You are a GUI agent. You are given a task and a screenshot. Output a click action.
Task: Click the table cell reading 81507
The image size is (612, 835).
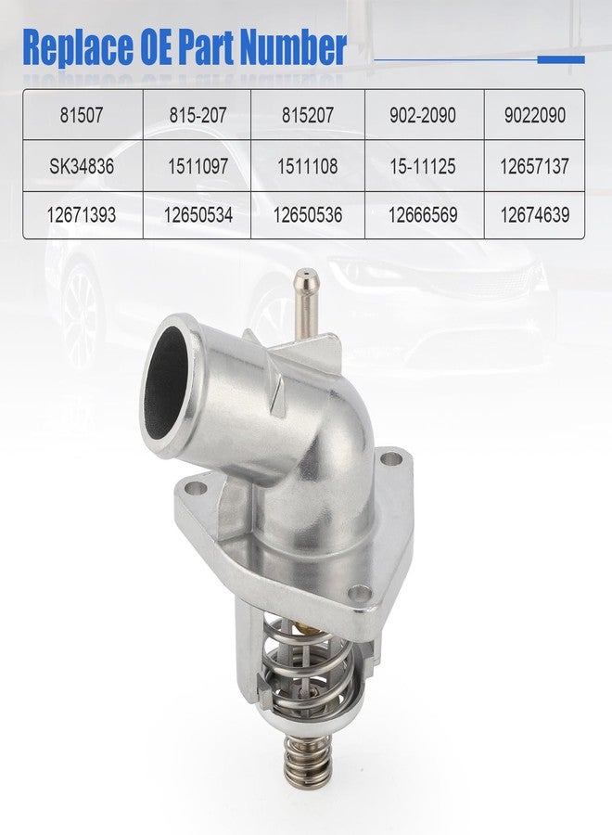[82, 114]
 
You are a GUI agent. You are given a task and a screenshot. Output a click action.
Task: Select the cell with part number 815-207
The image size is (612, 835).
[198, 114]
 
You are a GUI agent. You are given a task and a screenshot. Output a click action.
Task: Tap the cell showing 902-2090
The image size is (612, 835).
[423, 114]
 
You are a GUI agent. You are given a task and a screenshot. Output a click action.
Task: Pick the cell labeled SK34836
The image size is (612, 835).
[82, 166]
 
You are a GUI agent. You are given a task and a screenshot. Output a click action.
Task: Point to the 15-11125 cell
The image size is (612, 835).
[423, 166]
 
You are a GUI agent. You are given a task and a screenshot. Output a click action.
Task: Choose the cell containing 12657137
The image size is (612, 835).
[534, 166]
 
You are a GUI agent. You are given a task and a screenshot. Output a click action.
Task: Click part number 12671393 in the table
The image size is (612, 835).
[82, 215]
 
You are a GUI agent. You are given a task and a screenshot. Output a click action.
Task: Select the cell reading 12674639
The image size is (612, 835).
[534, 215]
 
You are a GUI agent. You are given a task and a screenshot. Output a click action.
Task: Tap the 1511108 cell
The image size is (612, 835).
[308, 166]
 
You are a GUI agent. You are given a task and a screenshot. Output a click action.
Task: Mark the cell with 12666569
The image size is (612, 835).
[423, 215]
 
